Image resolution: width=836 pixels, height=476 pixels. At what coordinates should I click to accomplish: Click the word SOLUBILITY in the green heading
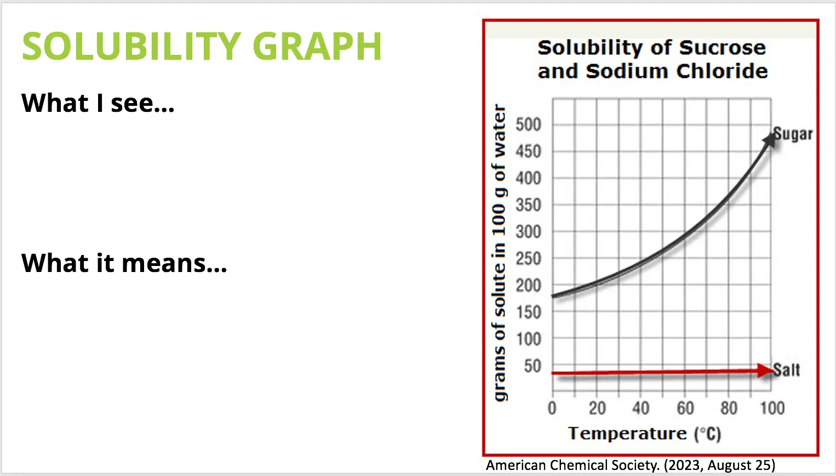[x=131, y=46]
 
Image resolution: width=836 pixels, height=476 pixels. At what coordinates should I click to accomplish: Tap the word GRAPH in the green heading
[x=317, y=46]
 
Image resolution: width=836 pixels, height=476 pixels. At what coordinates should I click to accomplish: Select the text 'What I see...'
[x=98, y=103]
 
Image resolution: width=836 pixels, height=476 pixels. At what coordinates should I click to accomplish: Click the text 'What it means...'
[x=124, y=263]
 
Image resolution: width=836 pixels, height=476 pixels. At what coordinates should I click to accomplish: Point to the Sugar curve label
[x=793, y=134]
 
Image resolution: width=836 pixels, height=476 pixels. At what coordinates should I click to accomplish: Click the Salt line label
[x=786, y=370]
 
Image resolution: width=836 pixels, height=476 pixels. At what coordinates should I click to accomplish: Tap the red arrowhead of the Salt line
[x=766, y=371]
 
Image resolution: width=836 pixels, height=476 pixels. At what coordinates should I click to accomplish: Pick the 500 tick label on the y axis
[x=528, y=124]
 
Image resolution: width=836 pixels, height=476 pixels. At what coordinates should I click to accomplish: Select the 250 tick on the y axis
[x=528, y=258]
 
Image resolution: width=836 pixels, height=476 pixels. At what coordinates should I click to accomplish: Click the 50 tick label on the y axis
[x=532, y=366]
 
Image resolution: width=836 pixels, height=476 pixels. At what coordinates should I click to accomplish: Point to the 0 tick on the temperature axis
[x=552, y=408]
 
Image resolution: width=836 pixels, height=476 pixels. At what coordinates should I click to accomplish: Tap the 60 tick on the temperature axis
[x=685, y=408]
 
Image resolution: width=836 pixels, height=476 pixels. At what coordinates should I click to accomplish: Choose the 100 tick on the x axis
[x=772, y=408]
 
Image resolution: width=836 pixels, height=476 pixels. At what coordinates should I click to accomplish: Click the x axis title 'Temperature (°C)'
[x=645, y=434]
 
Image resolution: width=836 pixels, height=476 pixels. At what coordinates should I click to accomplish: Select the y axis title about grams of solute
[x=500, y=253]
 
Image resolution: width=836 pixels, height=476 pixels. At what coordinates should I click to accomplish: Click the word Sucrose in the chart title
[x=723, y=48]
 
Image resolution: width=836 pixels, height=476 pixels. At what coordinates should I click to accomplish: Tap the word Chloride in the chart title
[x=722, y=71]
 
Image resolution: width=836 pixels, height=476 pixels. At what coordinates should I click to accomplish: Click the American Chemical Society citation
[x=631, y=465]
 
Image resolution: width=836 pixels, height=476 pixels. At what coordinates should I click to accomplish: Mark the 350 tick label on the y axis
[x=528, y=205]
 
